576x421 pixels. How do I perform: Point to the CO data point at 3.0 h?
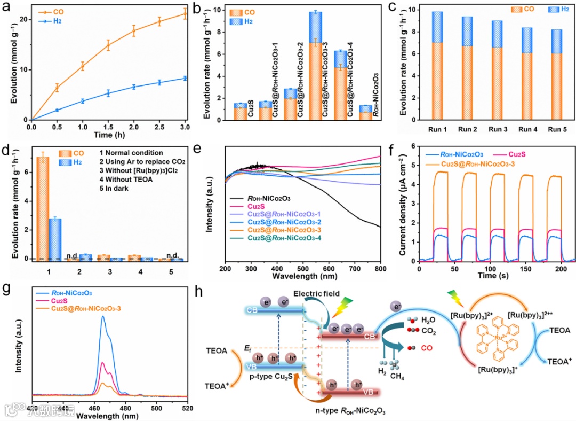(185, 14)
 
